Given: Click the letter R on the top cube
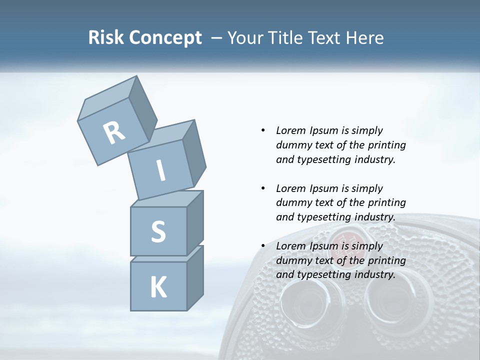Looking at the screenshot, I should [114, 133].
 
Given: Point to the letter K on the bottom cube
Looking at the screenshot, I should [158, 287].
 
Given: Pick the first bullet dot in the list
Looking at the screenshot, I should [263, 130].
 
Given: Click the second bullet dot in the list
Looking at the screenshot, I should [263, 188].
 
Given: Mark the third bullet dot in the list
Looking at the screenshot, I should [263, 246].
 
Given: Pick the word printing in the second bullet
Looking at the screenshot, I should [386, 202].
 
